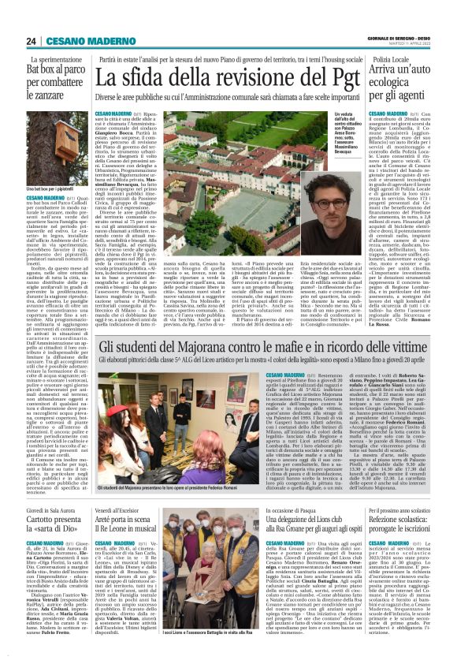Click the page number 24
pos(31,40)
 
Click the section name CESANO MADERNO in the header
pos(82,40)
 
